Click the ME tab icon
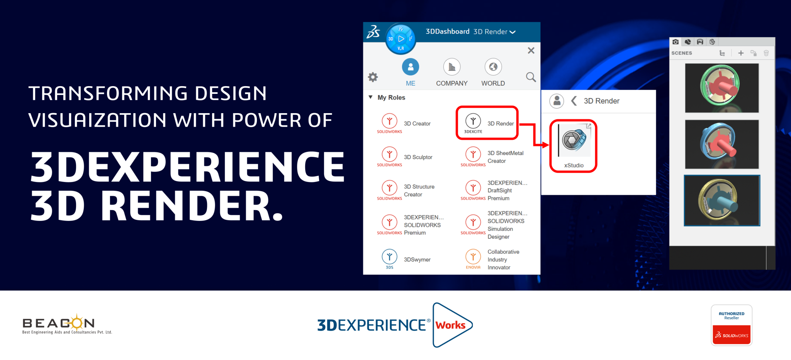point(411,67)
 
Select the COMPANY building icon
point(452,67)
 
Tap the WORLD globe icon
point(493,67)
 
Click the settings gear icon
point(373,77)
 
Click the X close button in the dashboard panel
point(531,50)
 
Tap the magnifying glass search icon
point(531,77)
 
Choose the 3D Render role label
point(501,124)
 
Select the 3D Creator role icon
point(389,121)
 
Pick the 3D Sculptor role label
point(418,157)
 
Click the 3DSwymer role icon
point(389,256)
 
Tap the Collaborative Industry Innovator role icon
point(473,256)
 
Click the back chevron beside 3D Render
point(574,101)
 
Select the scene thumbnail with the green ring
point(722,88)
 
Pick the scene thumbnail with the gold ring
point(722,200)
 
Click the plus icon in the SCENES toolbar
point(741,53)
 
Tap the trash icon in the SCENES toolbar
point(766,53)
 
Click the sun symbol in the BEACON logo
point(77,322)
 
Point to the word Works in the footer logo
point(450,325)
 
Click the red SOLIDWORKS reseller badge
point(732,335)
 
